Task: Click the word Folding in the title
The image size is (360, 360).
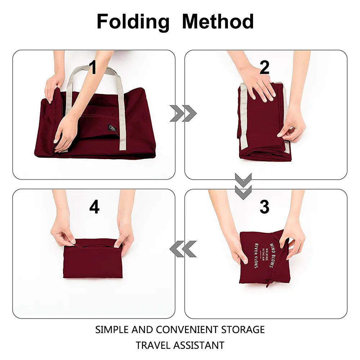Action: coord(133,22)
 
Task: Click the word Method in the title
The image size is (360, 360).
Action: coord(218,22)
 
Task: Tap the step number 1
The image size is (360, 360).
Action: coord(93,68)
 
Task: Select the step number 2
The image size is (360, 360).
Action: coord(264,68)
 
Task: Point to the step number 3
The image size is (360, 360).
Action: coord(264,207)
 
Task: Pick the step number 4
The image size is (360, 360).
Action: coord(94,207)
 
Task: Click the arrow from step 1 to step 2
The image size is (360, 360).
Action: coord(183,114)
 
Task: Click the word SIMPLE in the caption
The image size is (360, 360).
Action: coord(112,329)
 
